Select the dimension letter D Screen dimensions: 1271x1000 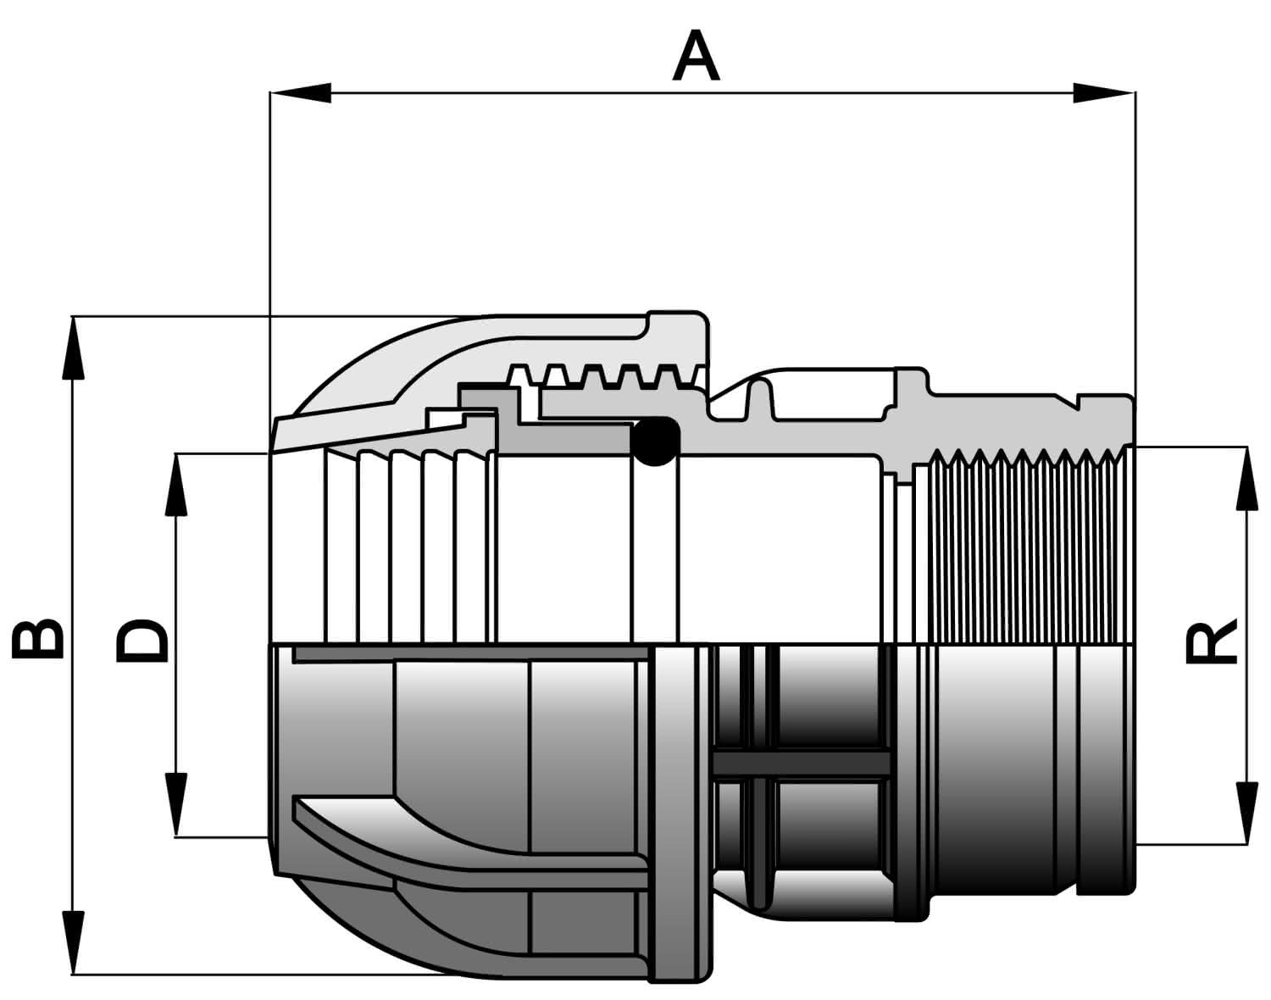pos(142,641)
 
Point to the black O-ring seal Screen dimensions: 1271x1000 pos(655,441)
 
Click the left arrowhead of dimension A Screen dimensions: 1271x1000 pos(300,92)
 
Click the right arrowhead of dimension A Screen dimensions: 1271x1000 pos(1104,92)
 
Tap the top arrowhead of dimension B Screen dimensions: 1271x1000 pos(73,348)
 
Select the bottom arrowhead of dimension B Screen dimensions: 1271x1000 pos(73,942)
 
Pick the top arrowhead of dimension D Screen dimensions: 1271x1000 pos(176,485)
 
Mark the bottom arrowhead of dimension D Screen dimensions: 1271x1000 pos(176,805)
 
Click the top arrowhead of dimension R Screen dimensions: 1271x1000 pos(1246,477)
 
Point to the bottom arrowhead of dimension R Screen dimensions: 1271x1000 pos(1246,814)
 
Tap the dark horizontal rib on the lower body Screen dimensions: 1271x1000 pos(802,762)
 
